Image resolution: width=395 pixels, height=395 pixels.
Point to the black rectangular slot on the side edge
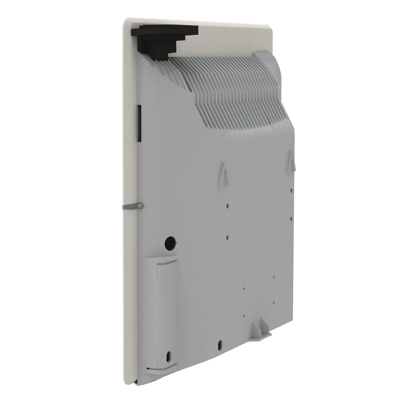pyautogui.click(x=139, y=123)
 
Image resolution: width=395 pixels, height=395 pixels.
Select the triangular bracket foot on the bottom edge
pyautogui.click(x=261, y=328)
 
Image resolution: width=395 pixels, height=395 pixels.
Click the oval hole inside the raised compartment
pyautogui.click(x=168, y=356)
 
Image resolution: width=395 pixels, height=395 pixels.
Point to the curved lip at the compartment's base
pyautogui.click(x=161, y=370)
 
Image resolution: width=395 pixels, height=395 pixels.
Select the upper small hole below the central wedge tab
pyautogui.click(x=228, y=206)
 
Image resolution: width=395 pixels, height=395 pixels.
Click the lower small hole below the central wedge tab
pyautogui.click(x=228, y=237)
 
